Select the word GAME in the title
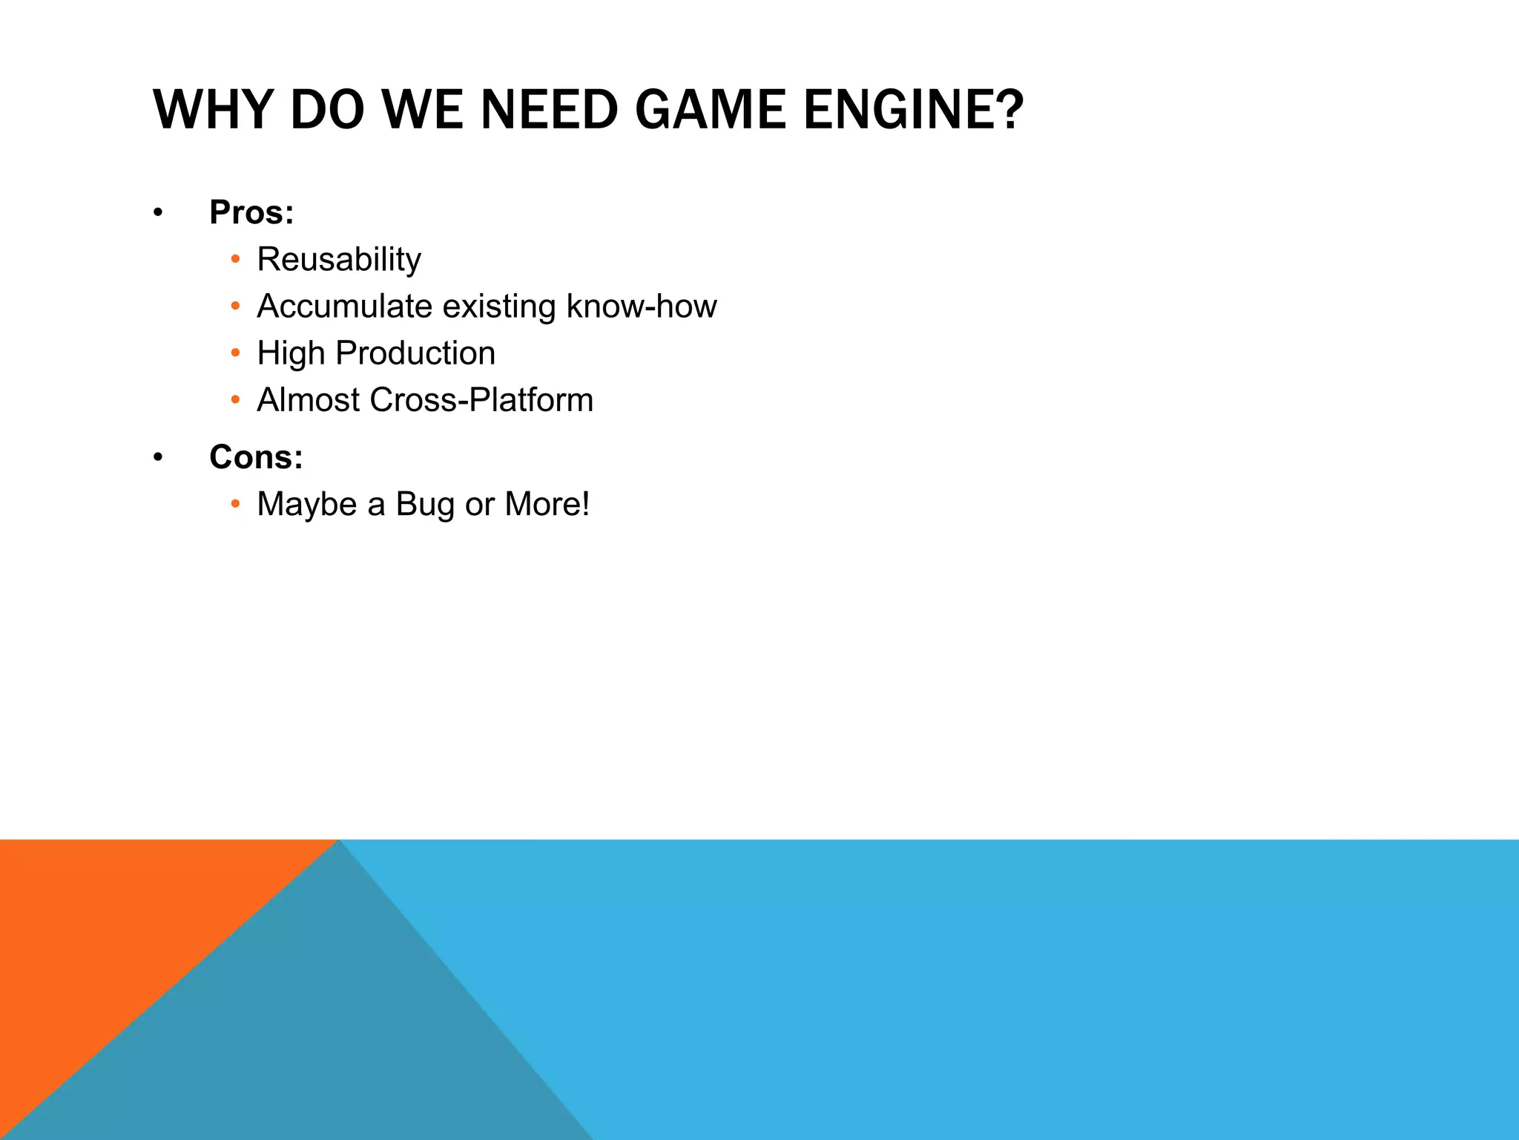click(709, 110)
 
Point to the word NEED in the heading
click(549, 110)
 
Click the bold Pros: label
click(251, 212)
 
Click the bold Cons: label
click(256, 457)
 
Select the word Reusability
click(339, 260)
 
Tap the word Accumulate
click(344, 307)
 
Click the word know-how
click(642, 307)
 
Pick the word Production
click(415, 353)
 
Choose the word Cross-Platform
click(481, 400)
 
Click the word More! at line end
click(547, 505)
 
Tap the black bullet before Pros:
click(157, 214)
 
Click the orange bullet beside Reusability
click(235, 260)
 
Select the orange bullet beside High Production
click(235, 353)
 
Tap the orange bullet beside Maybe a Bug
click(235, 505)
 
